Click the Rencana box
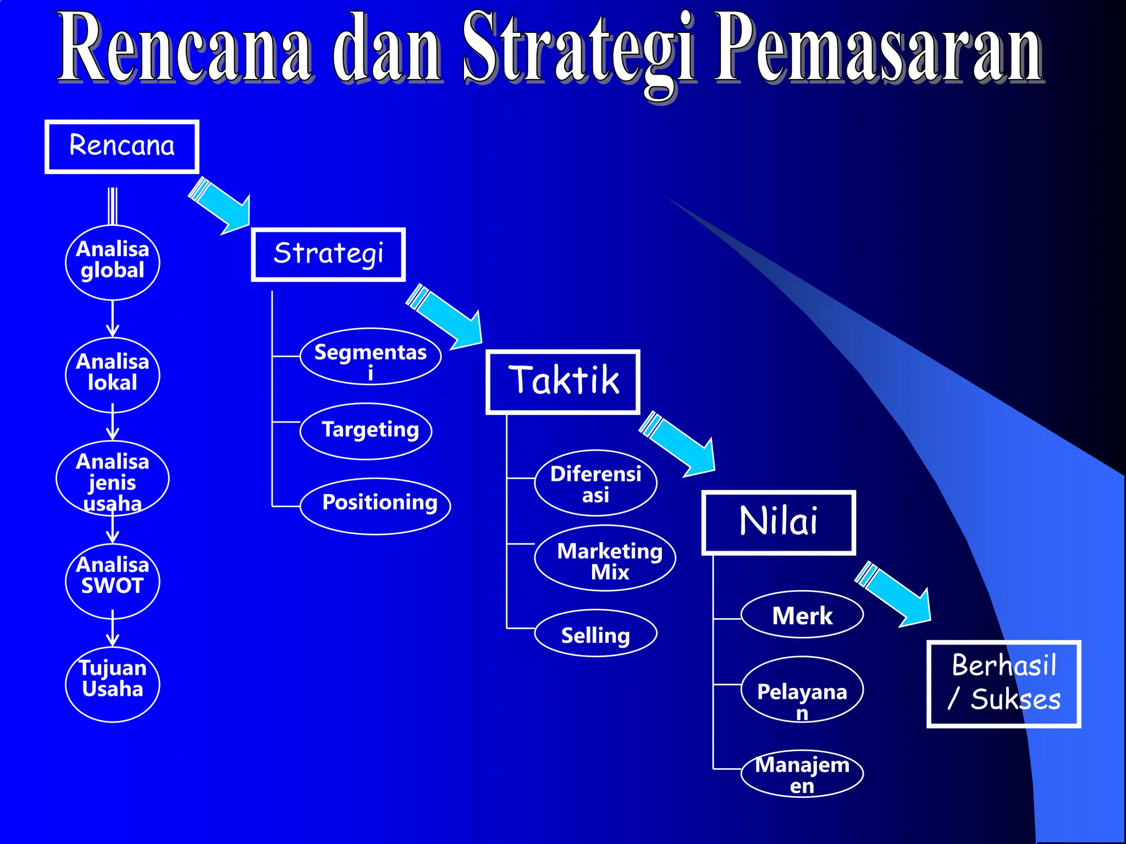[122, 147]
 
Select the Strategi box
[328, 254]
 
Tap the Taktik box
[562, 381]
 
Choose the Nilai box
[778, 522]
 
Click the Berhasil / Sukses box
[1003, 684]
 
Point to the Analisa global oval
[113, 262]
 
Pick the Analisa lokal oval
[113, 374]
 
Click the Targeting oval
[366, 431]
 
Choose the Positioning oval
[376, 505]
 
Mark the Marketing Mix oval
[605, 558]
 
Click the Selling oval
[595, 633]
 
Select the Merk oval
[802, 614]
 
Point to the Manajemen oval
[802, 773]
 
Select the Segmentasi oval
[371, 357]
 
